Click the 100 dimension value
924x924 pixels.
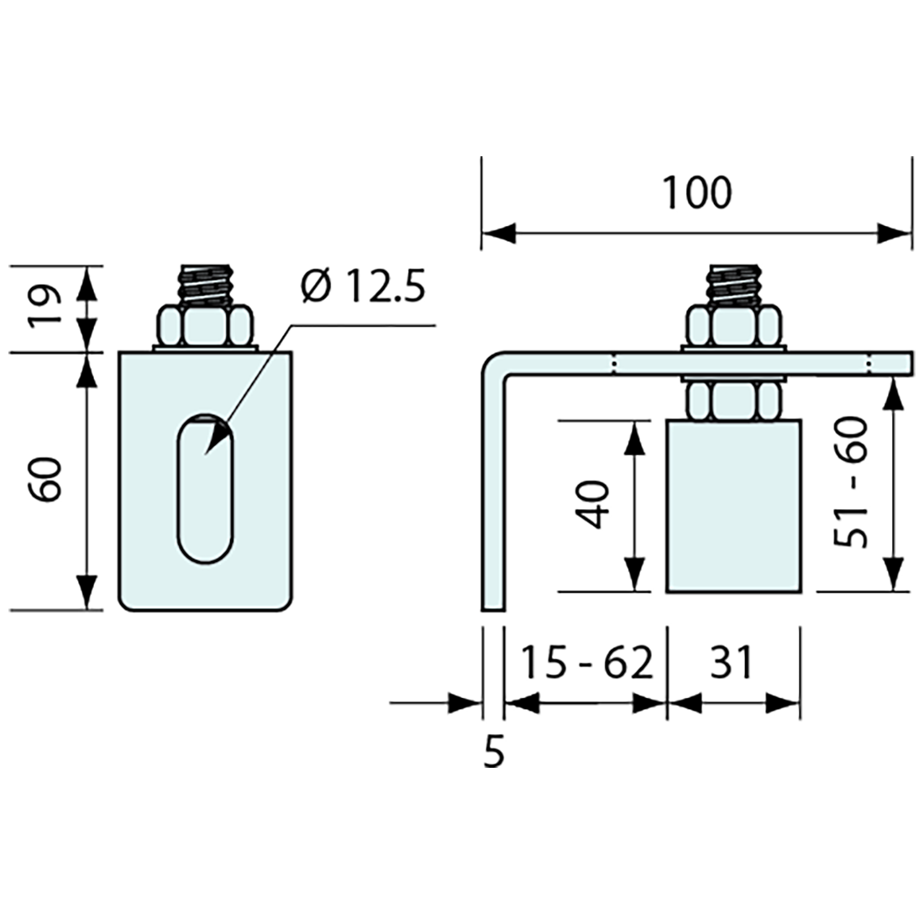pos(697,192)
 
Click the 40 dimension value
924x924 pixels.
pos(594,505)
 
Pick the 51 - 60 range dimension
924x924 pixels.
pos(852,482)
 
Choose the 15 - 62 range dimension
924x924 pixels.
pos(587,663)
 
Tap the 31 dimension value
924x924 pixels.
pos(732,663)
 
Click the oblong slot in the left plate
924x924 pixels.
pos(205,489)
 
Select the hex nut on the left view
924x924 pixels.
pos(205,325)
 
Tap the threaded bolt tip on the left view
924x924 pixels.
pos(205,284)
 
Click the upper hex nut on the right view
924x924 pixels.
pos(735,325)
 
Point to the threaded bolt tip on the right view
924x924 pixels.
pos(735,284)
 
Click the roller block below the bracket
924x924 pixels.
pos(733,506)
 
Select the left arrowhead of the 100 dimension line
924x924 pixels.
pos(498,234)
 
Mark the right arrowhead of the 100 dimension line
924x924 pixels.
pos(895,234)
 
